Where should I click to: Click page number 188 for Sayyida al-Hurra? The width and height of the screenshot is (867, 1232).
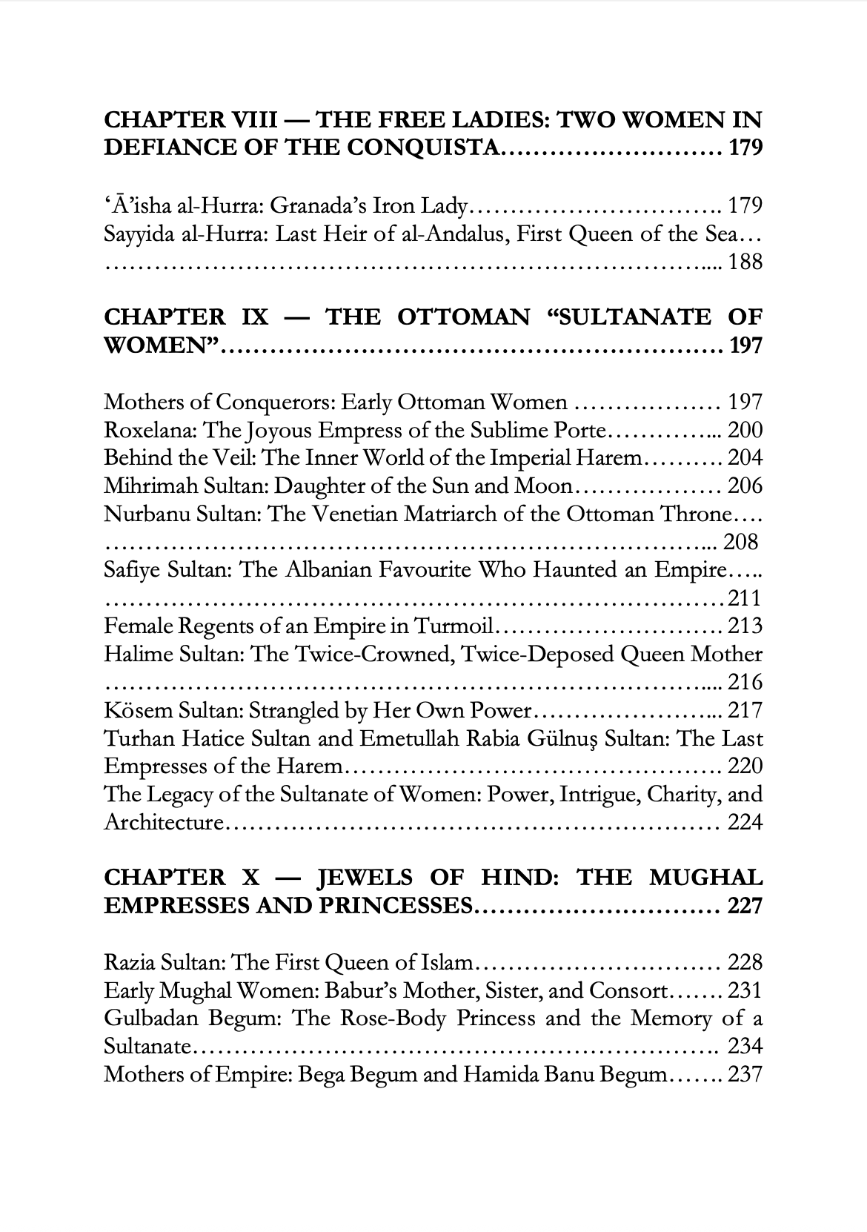745,262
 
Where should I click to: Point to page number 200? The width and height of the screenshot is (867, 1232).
745,431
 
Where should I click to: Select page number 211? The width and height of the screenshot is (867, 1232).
745,598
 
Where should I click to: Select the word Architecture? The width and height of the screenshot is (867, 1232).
163,823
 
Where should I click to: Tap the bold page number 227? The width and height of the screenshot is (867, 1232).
745,907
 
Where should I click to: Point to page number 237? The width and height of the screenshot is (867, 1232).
745,1075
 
